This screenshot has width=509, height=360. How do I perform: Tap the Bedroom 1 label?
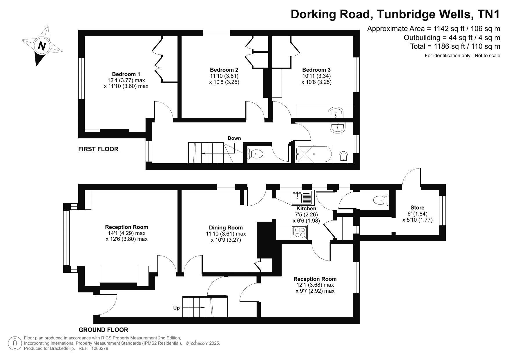pyautogui.click(x=126, y=74)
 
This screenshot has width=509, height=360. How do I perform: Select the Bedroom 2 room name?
pyautogui.click(x=224, y=70)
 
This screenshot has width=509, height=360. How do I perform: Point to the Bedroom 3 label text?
pyautogui.click(x=316, y=70)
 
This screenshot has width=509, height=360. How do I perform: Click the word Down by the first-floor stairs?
pyautogui.click(x=234, y=138)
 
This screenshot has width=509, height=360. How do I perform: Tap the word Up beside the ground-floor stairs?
pyautogui.click(x=177, y=308)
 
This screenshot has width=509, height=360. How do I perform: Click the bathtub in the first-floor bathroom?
pyautogui.click(x=314, y=154)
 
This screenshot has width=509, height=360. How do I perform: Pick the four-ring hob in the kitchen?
pyautogui.click(x=300, y=232)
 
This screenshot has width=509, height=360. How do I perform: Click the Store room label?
pyautogui.click(x=417, y=208)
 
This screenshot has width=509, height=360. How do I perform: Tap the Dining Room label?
pyautogui.click(x=226, y=228)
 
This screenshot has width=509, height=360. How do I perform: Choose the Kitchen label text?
pyautogui.click(x=306, y=209)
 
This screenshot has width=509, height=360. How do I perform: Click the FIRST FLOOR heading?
pyautogui.click(x=98, y=149)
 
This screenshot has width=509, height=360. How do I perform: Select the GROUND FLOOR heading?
pyautogui.click(x=104, y=330)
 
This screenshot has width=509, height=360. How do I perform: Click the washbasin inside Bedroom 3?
pyautogui.click(x=336, y=113)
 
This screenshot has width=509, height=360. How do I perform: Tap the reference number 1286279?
pyautogui.click(x=100, y=348)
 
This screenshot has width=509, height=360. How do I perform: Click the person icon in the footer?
pyautogui.click(x=15, y=343)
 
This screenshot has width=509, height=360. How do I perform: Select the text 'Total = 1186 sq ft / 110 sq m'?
pyautogui.click(x=455, y=46)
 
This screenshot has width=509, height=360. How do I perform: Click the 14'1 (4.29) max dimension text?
pyautogui.click(x=126, y=233)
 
